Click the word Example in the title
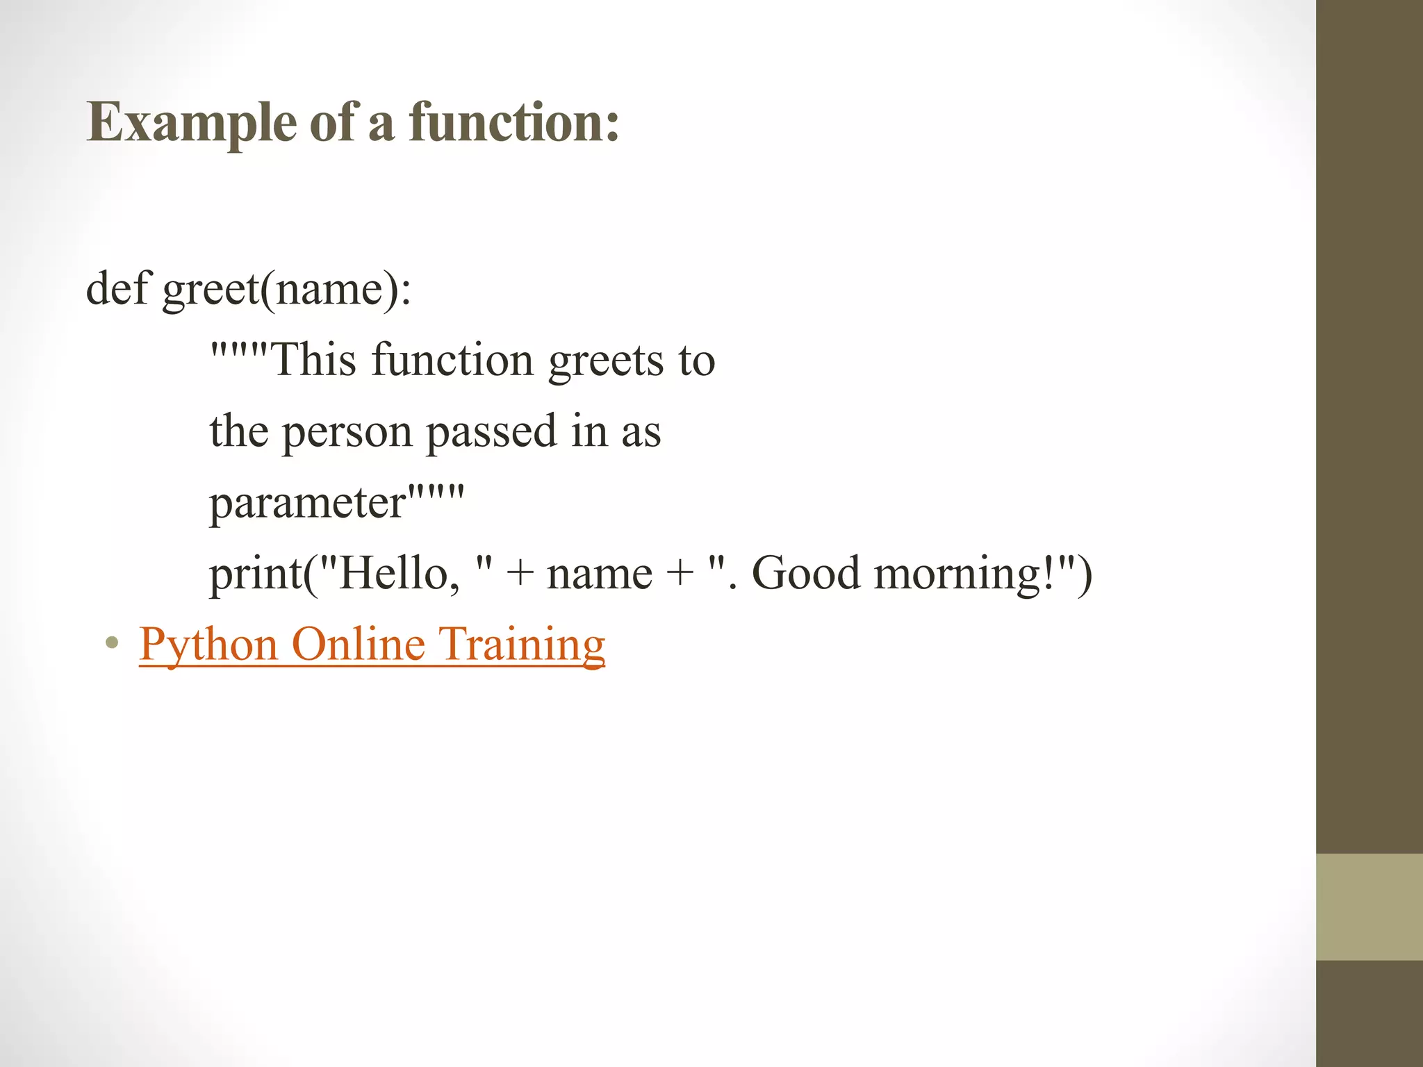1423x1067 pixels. (192, 124)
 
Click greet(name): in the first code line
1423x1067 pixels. (286, 290)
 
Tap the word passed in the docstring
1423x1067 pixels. (491, 432)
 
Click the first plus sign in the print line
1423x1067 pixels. (520, 575)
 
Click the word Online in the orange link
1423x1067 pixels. (358, 645)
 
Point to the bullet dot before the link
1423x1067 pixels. (111, 643)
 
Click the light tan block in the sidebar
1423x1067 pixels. (1369, 907)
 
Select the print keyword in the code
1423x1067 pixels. (256, 575)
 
